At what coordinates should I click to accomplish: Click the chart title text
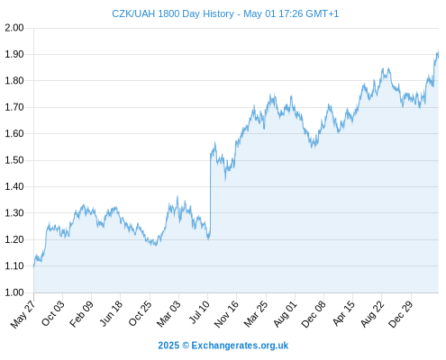(x=225, y=13)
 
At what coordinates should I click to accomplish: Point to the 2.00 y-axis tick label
(x=14, y=28)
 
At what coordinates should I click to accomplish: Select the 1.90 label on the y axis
(x=14, y=54)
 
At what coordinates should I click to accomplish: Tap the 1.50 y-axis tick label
(x=14, y=160)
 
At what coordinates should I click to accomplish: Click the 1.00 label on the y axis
(x=14, y=292)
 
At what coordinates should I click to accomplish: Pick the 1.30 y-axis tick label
(x=14, y=213)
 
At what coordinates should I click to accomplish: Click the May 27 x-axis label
(x=23, y=314)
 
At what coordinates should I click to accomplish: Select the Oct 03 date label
(x=53, y=313)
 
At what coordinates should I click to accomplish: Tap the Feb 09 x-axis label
(x=81, y=313)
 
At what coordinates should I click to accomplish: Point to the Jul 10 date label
(x=199, y=312)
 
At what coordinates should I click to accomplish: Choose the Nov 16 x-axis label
(x=226, y=314)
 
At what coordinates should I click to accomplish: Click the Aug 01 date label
(x=286, y=314)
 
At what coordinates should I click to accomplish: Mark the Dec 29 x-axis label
(x=401, y=314)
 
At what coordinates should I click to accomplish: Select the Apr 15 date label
(x=344, y=313)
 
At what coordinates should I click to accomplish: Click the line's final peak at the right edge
(x=438, y=51)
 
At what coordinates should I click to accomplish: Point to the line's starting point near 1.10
(x=34, y=265)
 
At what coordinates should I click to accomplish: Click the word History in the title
(x=218, y=13)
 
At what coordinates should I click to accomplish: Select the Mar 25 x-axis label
(x=256, y=313)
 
